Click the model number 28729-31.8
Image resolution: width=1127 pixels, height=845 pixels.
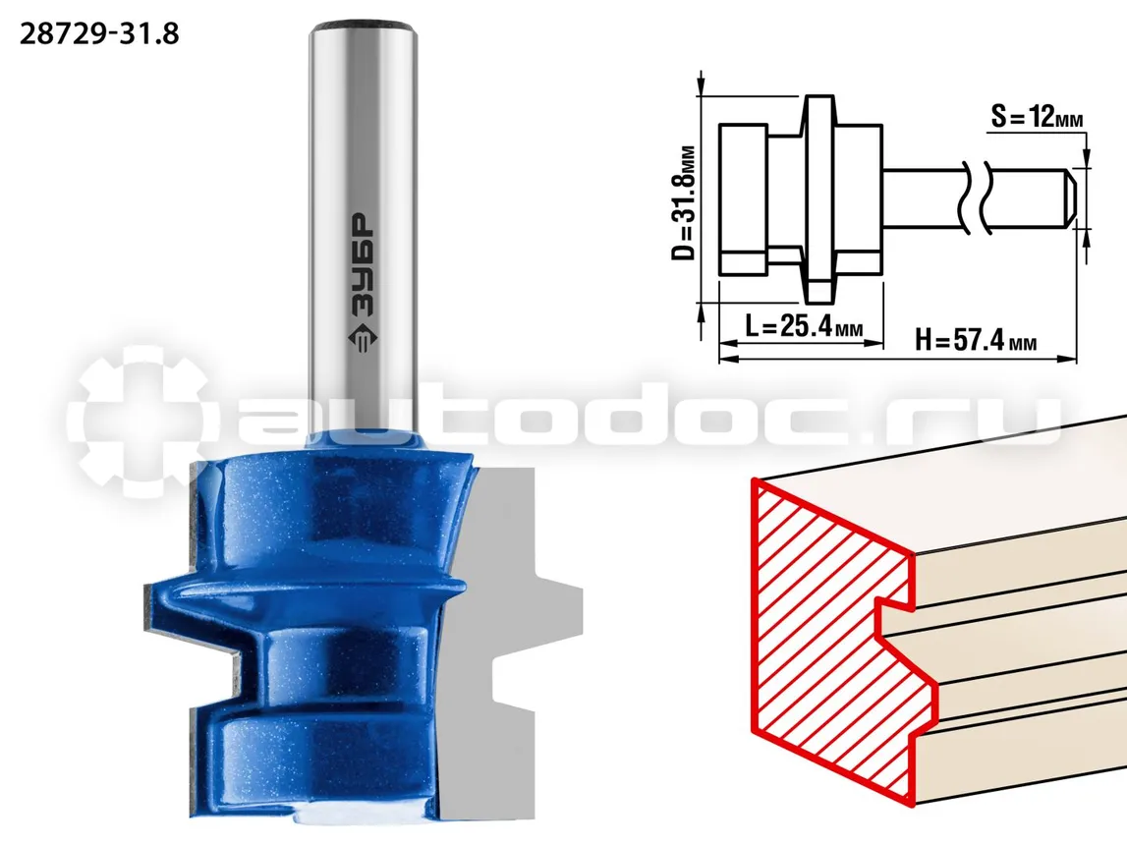99,33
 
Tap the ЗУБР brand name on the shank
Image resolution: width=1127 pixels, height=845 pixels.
363,266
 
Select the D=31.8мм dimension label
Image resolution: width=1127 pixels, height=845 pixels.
684,203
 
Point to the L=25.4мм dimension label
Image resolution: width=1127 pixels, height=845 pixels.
804,326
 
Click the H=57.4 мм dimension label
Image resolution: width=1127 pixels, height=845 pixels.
976,339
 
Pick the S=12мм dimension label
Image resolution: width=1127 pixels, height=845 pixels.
1037,116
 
